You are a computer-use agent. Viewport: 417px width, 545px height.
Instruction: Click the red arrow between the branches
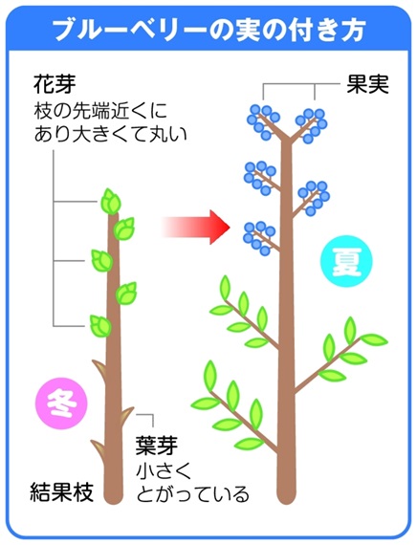tap(196, 228)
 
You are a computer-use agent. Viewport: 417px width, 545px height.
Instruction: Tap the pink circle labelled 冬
tap(62, 403)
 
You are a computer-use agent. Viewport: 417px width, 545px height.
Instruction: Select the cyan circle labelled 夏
tap(346, 261)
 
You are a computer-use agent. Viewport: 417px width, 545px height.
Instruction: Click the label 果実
tap(367, 84)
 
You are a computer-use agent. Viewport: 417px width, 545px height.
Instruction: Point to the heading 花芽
tap(55, 84)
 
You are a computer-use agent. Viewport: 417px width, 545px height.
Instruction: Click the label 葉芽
tap(157, 445)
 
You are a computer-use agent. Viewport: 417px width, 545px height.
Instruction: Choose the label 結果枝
tap(62, 491)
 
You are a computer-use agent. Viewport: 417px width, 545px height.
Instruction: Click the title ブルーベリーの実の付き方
tap(208, 30)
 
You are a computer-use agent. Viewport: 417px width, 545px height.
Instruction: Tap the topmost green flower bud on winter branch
tap(111, 202)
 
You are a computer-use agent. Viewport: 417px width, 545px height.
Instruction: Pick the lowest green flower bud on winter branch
tap(100, 326)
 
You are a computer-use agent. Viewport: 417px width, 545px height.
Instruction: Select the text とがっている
tap(193, 494)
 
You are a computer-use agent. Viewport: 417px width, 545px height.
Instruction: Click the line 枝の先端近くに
tap(100, 111)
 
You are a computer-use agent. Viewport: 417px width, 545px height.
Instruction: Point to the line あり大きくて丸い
tap(111, 134)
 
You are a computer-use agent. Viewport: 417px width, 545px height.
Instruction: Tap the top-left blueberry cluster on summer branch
tap(263, 121)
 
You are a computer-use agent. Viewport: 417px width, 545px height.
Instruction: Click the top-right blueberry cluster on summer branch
tap(311, 125)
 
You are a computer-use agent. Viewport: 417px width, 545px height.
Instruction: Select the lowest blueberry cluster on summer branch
tap(260, 238)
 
